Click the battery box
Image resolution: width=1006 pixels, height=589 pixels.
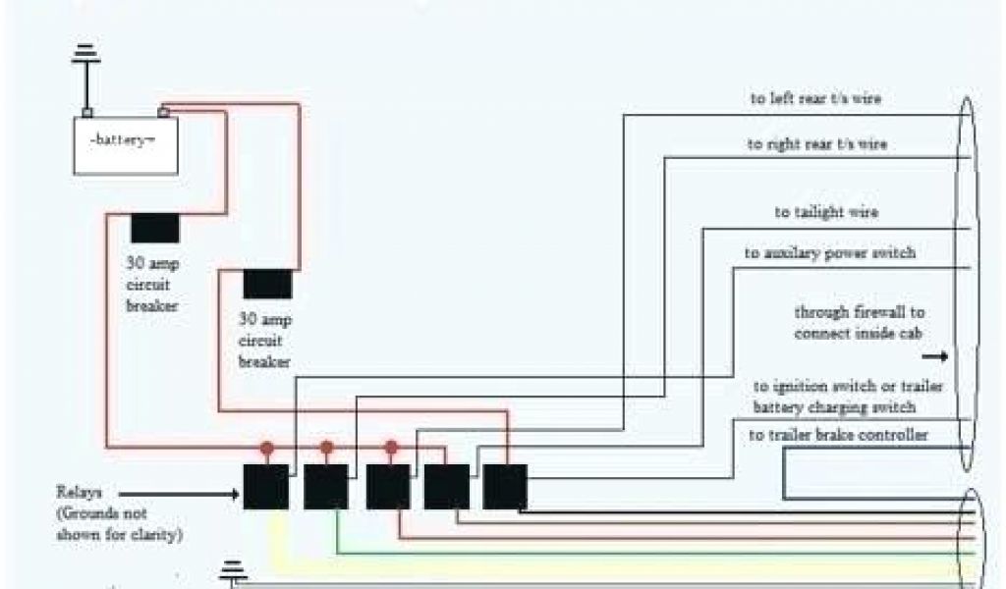126,144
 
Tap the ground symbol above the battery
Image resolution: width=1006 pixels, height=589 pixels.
86,59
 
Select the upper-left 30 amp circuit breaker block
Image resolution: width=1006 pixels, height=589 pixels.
154,228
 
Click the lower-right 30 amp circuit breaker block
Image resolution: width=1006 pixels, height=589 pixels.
267,283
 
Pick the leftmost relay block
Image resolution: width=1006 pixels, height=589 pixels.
266,486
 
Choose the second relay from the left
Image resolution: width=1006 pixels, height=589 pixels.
326,486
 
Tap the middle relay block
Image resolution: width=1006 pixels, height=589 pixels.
388,486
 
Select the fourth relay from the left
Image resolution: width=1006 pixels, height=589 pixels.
446,486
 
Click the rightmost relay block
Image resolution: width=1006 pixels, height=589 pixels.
505,486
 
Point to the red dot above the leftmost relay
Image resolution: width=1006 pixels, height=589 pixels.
266,448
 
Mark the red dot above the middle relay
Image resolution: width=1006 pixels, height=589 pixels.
391,448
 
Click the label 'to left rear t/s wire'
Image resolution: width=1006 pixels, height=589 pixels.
815,99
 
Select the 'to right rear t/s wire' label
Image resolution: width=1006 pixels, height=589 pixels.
816,145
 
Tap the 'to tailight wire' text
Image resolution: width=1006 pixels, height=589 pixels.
825,212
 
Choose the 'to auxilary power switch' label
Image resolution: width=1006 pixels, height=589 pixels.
829,253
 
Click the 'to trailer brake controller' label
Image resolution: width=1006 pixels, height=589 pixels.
838,435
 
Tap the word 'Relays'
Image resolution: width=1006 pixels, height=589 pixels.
78,492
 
